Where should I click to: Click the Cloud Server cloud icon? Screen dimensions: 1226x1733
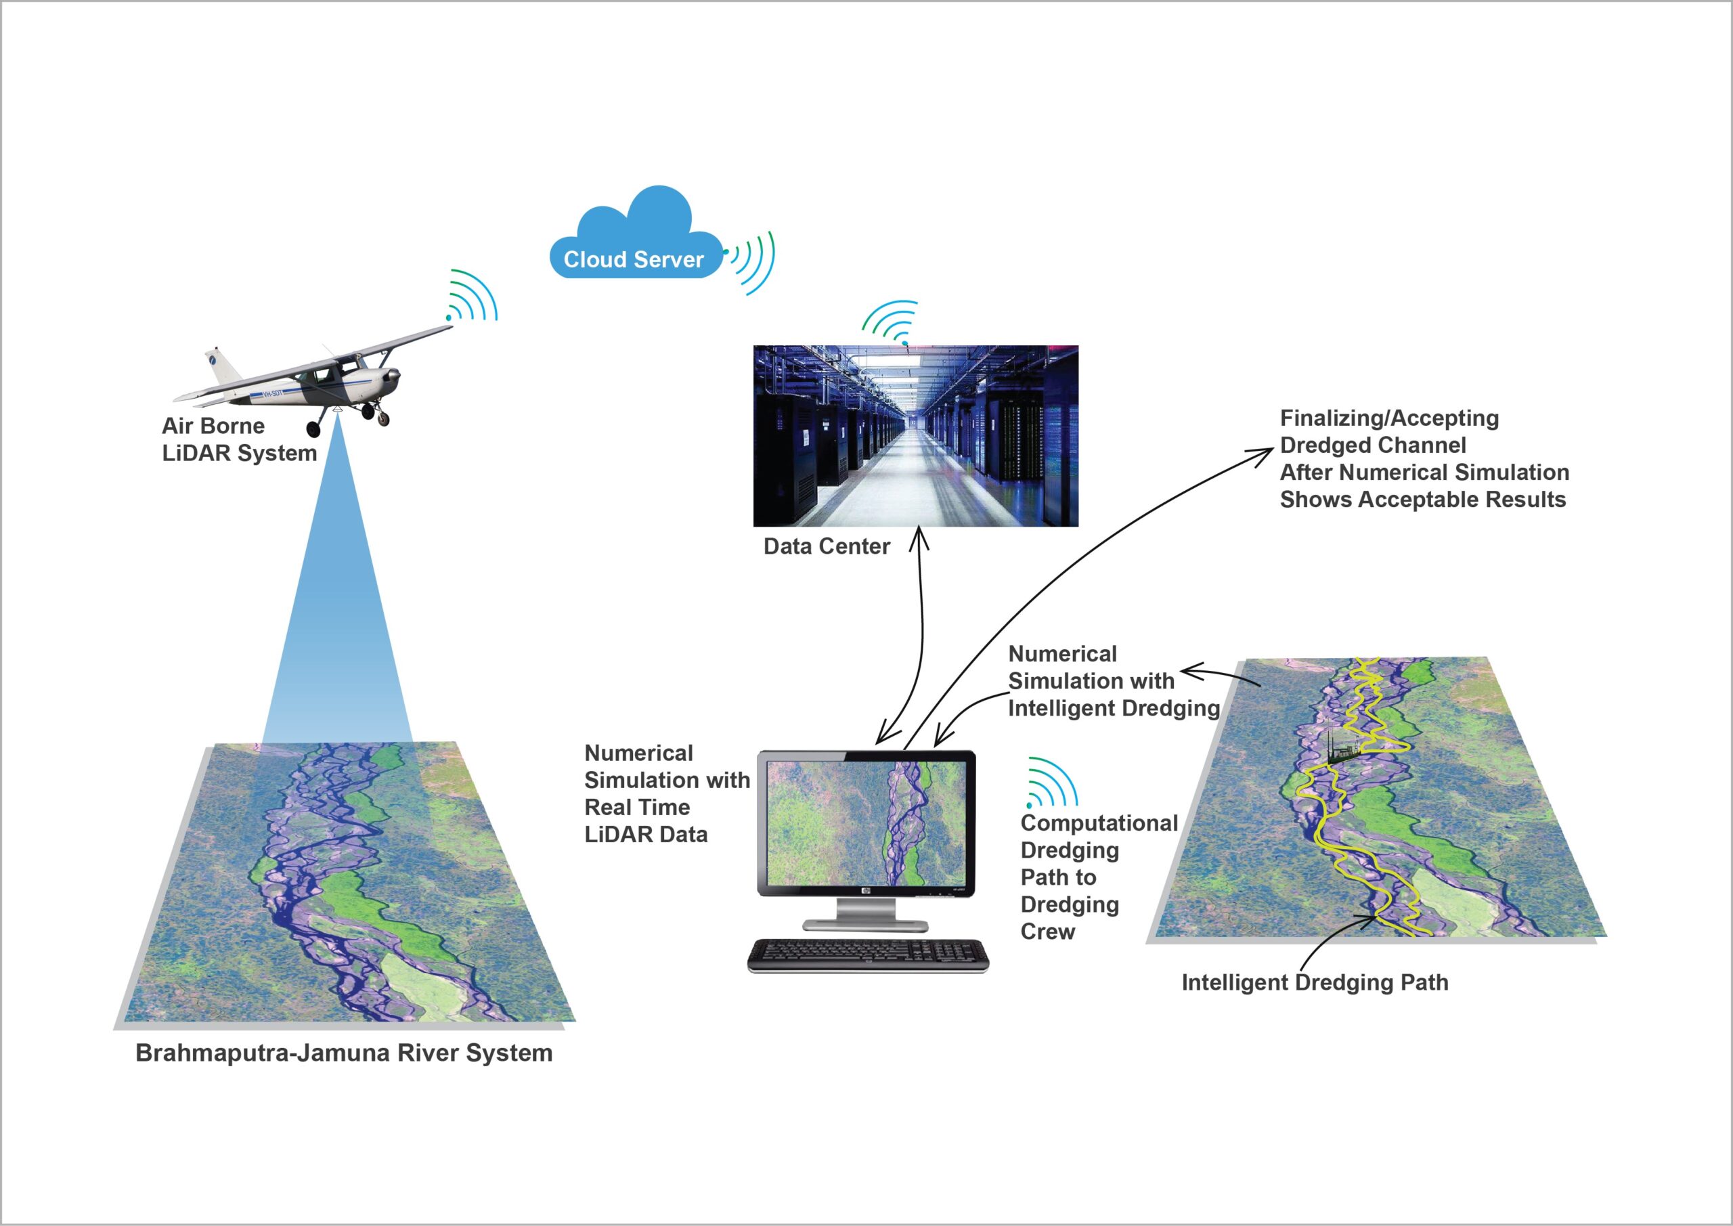tap(634, 234)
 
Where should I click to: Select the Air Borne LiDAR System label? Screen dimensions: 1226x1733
tap(238, 439)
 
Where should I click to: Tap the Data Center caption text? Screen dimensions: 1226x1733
tap(827, 546)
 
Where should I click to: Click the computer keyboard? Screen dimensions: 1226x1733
tap(868, 956)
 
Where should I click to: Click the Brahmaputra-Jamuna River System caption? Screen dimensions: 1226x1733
tap(344, 1053)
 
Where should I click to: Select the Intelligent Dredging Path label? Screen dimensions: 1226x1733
tap(1315, 983)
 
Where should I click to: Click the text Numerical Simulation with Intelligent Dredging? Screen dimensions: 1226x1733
tap(1114, 681)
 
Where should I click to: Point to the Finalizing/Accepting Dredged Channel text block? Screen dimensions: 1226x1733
tap(1424, 459)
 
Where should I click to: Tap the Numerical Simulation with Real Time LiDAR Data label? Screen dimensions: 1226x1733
tap(667, 793)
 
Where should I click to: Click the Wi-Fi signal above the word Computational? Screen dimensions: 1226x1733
tap(1051, 783)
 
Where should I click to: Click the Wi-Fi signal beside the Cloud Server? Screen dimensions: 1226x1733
tap(749, 261)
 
